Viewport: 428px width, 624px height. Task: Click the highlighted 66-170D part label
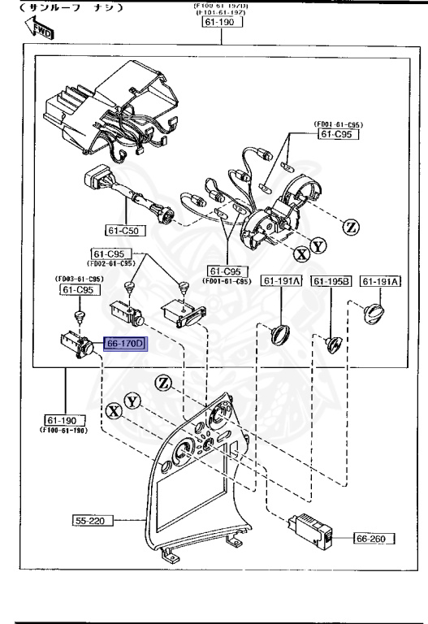pyautogui.click(x=124, y=344)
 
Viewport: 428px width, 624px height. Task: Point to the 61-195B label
pyautogui.click(x=331, y=281)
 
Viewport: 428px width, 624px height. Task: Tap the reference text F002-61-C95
pyautogui.click(x=113, y=263)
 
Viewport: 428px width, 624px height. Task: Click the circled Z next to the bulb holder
pyautogui.click(x=351, y=227)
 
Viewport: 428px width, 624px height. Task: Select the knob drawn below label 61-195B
pyautogui.click(x=334, y=344)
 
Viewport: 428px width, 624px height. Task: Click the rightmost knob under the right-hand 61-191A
pyautogui.click(x=375, y=311)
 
